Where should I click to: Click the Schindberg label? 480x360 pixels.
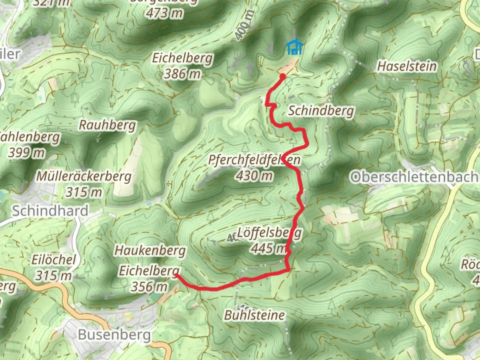321,111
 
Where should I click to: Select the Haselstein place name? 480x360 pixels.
407,66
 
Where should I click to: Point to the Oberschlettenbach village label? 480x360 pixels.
414,177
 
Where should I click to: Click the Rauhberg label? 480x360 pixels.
107,125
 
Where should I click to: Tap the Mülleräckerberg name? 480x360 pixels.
84,176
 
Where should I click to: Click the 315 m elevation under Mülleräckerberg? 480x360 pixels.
84,192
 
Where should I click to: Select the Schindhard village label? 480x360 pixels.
50,211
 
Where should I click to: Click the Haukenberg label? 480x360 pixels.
150,250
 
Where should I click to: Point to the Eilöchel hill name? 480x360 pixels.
54,260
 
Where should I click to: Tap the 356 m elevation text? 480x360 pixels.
149,286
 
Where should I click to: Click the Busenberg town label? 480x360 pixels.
114,334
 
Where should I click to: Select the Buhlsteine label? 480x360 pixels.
255,315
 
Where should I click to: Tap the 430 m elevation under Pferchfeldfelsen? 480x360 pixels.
255,175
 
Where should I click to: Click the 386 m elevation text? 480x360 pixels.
182,74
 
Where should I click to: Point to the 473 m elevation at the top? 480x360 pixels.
164,13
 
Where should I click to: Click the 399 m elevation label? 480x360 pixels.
27,153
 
